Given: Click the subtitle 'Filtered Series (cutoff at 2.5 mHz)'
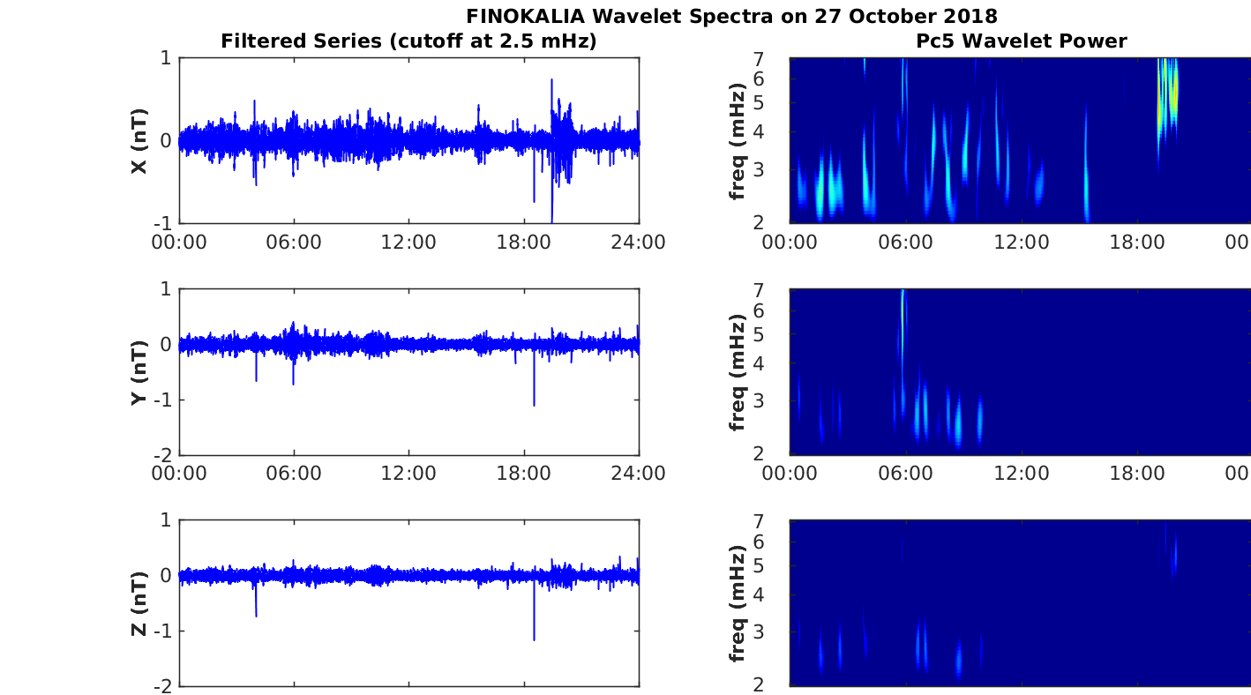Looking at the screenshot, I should pyautogui.click(x=408, y=41).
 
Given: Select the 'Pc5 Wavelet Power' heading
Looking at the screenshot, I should pyautogui.click(x=1021, y=41).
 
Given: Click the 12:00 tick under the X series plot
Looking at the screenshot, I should pyautogui.click(x=409, y=242).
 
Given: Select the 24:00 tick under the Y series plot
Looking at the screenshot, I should pyautogui.click(x=639, y=474).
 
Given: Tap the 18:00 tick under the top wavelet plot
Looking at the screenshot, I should pyautogui.click(x=1137, y=242).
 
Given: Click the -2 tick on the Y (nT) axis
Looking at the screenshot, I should pyautogui.click(x=164, y=455).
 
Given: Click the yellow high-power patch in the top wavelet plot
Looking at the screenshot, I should pyautogui.click(x=1168, y=97).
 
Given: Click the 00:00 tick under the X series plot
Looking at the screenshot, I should pyautogui.click(x=180, y=242).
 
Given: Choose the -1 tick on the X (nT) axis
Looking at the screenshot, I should pyautogui.click(x=164, y=223).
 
